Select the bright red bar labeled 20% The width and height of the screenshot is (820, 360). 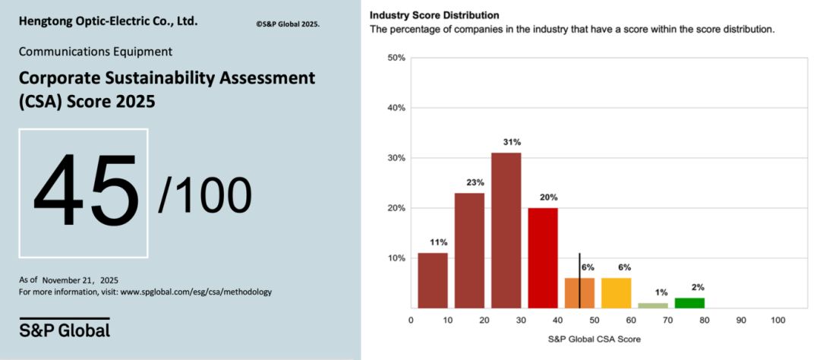[543, 257]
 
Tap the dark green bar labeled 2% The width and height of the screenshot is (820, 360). [689, 303]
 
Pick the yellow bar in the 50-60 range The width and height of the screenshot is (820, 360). [616, 293]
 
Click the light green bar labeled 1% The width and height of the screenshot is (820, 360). [653, 305]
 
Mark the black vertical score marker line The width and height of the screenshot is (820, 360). [579, 280]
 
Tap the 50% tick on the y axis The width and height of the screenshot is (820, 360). [396, 58]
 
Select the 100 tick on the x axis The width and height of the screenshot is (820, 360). [777, 321]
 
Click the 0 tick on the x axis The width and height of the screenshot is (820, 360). [411, 321]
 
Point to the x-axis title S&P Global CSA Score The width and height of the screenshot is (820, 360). [593, 339]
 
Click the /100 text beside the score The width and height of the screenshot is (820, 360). [205, 194]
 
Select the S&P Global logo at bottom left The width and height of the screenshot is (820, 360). [65, 330]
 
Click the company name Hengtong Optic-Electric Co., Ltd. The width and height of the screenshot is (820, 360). [108, 21]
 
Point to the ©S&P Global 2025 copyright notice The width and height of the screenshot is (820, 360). [288, 24]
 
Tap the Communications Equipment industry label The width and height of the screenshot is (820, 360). [95, 52]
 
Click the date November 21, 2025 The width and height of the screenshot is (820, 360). [80, 279]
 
